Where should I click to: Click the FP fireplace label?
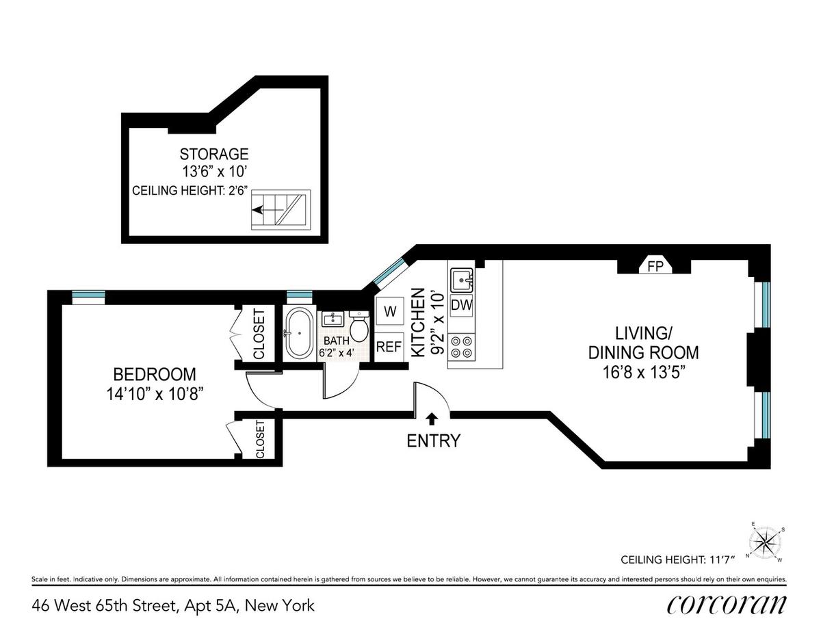pyautogui.click(x=655, y=266)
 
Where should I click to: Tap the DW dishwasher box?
pyautogui.click(x=461, y=305)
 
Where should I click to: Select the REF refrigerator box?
pyautogui.click(x=389, y=347)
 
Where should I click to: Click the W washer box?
pyautogui.click(x=389, y=311)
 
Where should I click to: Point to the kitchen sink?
pyautogui.click(x=462, y=280)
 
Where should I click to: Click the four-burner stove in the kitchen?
pyautogui.click(x=461, y=347)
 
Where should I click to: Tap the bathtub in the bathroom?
pyautogui.click(x=299, y=332)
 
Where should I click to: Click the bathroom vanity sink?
pyautogui.click(x=332, y=319)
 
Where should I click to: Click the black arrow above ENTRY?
pyautogui.click(x=432, y=417)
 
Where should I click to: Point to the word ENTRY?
pyautogui.click(x=433, y=440)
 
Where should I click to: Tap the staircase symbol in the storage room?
pyautogui.click(x=281, y=210)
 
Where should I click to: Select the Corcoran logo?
pyautogui.click(x=726, y=607)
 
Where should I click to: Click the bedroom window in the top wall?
pyautogui.click(x=88, y=295)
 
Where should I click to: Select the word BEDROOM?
pyautogui.click(x=155, y=375)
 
